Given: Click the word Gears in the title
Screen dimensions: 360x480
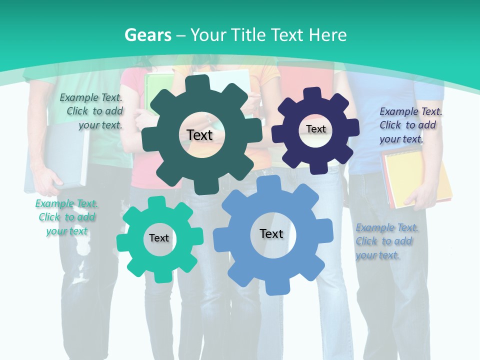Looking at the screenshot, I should [147, 35].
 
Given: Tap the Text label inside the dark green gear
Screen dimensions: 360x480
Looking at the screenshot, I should [200, 135].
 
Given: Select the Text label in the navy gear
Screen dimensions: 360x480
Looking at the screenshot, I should [316, 129].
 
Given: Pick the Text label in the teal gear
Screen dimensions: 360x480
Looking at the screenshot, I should [159, 238].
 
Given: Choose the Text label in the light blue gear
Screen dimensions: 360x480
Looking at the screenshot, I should [271, 233].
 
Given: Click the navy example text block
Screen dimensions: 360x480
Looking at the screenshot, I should [410, 125].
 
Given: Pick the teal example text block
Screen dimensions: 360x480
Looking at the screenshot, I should [66, 217].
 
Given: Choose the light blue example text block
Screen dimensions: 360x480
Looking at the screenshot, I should [386, 241].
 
